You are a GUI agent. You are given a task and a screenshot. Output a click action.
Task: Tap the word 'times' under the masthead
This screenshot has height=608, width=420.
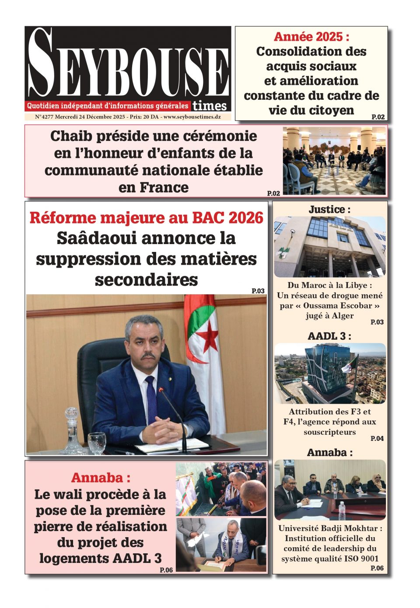[x=210, y=105]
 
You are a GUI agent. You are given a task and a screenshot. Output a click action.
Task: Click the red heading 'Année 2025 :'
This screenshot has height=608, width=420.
[x=311, y=37]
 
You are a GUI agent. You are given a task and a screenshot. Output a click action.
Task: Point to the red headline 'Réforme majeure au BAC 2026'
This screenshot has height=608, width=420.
[x=146, y=217]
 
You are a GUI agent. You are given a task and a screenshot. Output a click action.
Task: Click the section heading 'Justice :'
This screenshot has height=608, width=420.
[x=329, y=210]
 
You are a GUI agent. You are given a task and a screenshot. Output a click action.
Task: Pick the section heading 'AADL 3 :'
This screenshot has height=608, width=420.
[x=329, y=336]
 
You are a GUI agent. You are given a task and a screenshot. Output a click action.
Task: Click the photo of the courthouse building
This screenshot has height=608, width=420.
[x=330, y=246]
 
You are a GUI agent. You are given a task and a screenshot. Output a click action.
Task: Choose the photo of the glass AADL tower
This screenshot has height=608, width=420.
[x=330, y=373]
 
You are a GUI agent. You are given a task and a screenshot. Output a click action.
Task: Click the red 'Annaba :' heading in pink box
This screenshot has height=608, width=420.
[x=101, y=477]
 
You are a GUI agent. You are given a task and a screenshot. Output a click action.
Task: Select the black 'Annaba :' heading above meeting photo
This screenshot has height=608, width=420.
[x=329, y=452]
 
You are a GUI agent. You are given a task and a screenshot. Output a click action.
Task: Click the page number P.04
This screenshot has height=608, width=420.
[x=377, y=438]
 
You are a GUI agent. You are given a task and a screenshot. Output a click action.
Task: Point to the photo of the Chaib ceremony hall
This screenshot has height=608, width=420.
[x=334, y=161]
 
